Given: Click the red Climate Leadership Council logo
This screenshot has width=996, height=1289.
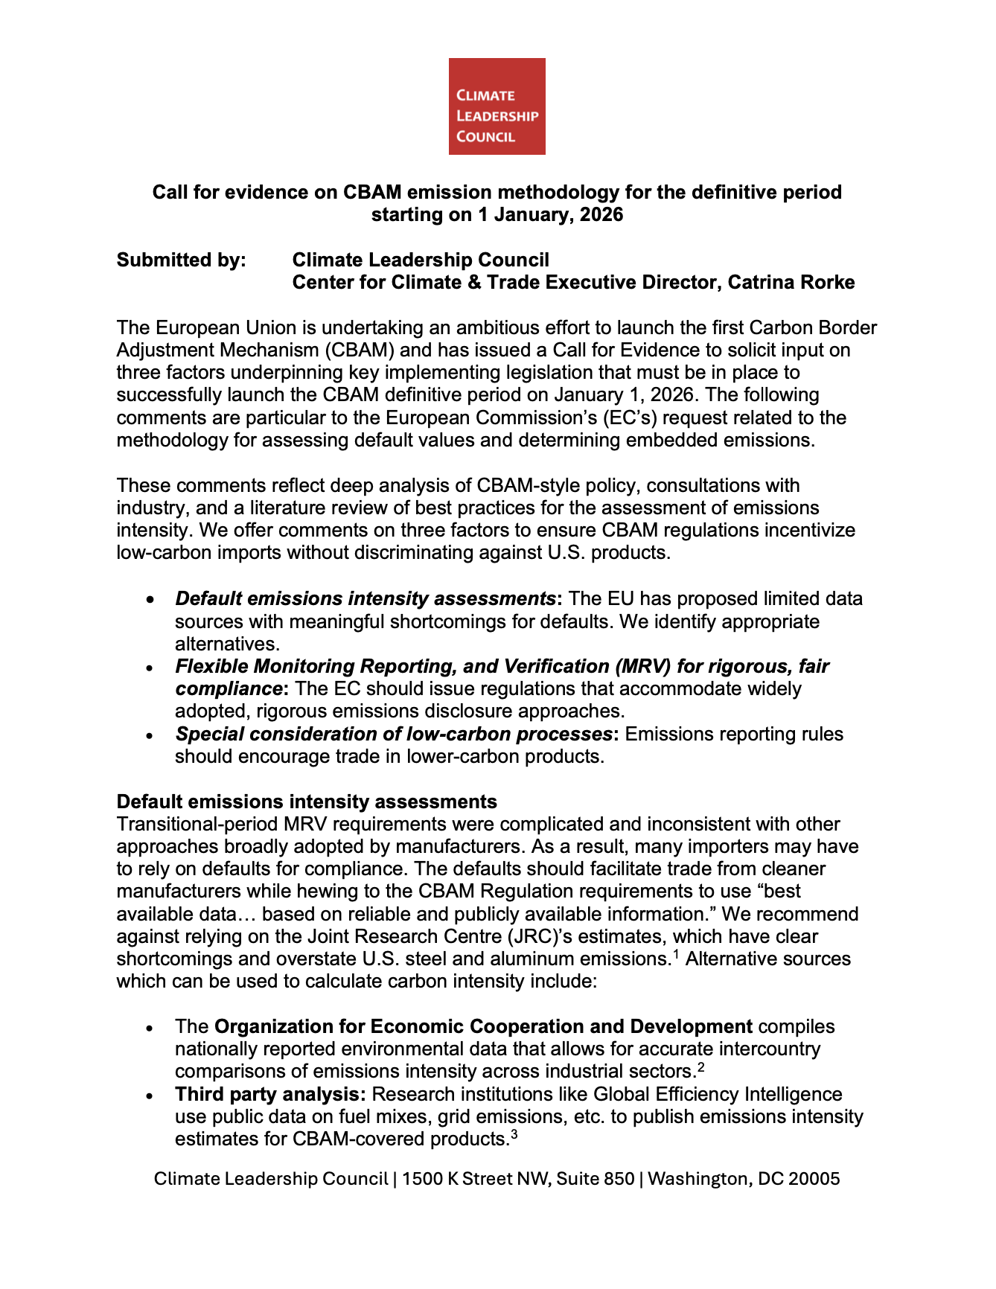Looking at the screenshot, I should point(497,106).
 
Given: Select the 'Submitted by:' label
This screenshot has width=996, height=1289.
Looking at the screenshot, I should point(181,260).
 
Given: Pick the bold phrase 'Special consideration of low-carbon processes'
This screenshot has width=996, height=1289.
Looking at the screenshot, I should point(394,734).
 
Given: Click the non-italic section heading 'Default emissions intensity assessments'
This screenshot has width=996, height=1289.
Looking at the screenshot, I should point(307,802).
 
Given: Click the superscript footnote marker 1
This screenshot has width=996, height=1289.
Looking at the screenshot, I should point(677,953).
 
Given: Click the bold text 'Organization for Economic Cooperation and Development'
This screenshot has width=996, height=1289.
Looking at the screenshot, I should point(483,1026).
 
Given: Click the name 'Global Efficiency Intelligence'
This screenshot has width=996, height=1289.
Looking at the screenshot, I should point(718,1094).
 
